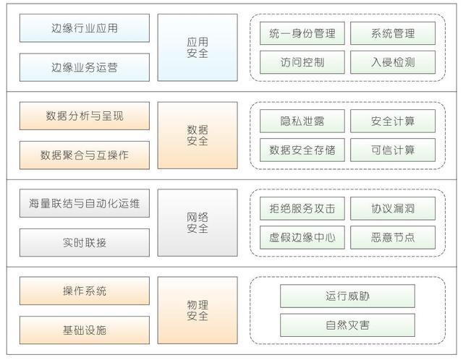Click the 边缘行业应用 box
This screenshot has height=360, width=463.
[x=84, y=28]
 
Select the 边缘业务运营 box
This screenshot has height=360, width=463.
[x=84, y=67]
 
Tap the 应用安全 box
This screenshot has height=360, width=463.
[x=197, y=47]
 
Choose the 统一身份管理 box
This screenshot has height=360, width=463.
[x=302, y=33]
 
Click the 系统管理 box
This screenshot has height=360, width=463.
[x=392, y=33]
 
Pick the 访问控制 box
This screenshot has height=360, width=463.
[x=302, y=62]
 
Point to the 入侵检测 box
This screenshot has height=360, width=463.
[x=392, y=62]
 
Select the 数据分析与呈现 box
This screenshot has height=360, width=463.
[x=84, y=116]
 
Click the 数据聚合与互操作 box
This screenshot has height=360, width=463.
[x=84, y=155]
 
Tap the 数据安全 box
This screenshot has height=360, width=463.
[x=197, y=135]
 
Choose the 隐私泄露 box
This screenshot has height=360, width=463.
[x=302, y=121]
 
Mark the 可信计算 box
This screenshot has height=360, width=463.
[x=392, y=150]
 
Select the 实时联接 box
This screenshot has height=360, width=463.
[x=84, y=242]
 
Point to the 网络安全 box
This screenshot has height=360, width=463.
[x=197, y=223]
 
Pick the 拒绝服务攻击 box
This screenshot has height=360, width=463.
[x=302, y=208]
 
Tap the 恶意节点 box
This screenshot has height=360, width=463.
[x=392, y=237]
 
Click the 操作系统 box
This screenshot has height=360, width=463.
[x=84, y=291]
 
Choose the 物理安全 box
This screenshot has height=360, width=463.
[x=197, y=310]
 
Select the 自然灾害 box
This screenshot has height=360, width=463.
[x=347, y=325]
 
